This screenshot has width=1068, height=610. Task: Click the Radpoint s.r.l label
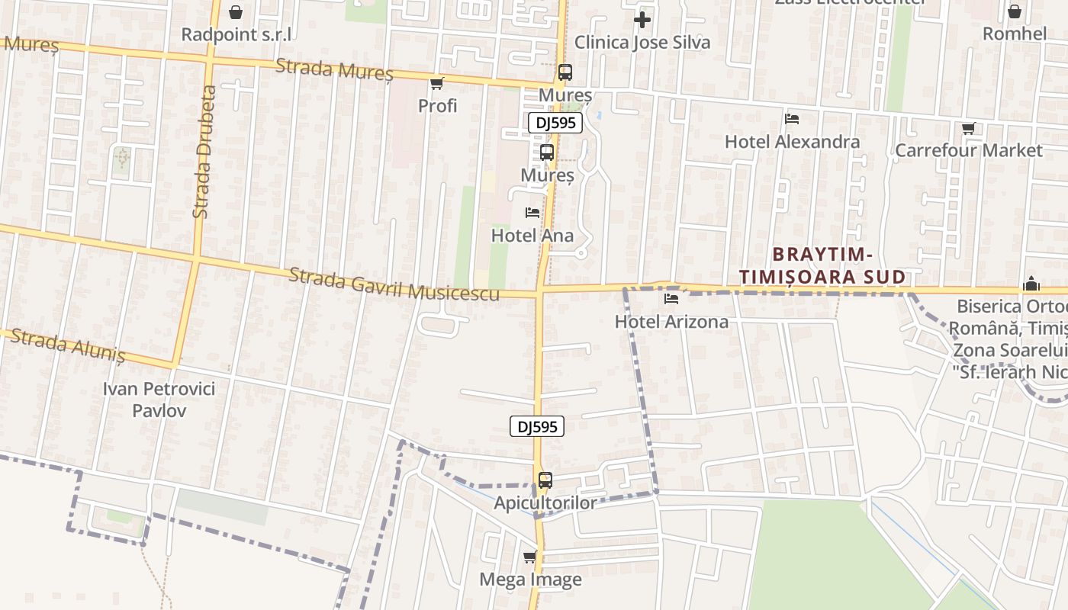[x=236, y=35]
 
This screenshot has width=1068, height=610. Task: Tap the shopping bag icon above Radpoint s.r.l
[x=236, y=12]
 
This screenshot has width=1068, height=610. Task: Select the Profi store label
[x=437, y=106]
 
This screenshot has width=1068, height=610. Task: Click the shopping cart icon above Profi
[x=436, y=83]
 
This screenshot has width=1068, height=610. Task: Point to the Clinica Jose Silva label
[x=642, y=43]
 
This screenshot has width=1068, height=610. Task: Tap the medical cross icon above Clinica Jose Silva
[x=642, y=19]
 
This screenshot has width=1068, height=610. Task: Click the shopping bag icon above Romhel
[x=1015, y=11]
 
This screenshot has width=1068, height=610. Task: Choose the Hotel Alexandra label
[x=792, y=142]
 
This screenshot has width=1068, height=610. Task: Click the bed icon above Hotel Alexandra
[x=792, y=119]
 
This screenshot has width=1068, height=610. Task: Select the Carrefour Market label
[x=968, y=150]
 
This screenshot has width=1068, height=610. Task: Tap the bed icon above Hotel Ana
[x=532, y=213]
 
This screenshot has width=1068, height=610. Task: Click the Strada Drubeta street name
[x=204, y=152]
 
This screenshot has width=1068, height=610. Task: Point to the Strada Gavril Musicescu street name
[x=394, y=284]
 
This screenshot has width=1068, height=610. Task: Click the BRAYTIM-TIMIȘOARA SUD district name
[x=822, y=265]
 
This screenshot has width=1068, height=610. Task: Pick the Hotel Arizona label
[x=671, y=322]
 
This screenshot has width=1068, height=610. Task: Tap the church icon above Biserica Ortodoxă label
[x=1031, y=284]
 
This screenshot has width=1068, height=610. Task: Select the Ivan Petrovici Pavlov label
[x=159, y=400]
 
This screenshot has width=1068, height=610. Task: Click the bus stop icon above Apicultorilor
[x=545, y=480]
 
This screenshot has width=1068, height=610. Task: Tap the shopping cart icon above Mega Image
[x=530, y=557]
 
